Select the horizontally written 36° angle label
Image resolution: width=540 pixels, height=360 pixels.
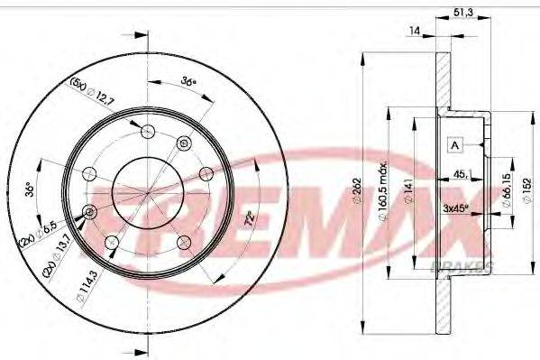coord(188,81)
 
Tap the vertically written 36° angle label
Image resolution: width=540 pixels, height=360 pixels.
coord(31,190)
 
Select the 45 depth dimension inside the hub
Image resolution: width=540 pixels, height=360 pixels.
coord(461,174)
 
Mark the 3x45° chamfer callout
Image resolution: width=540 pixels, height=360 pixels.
coord(460,208)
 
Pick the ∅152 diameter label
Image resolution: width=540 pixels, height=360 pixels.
coord(528,189)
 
